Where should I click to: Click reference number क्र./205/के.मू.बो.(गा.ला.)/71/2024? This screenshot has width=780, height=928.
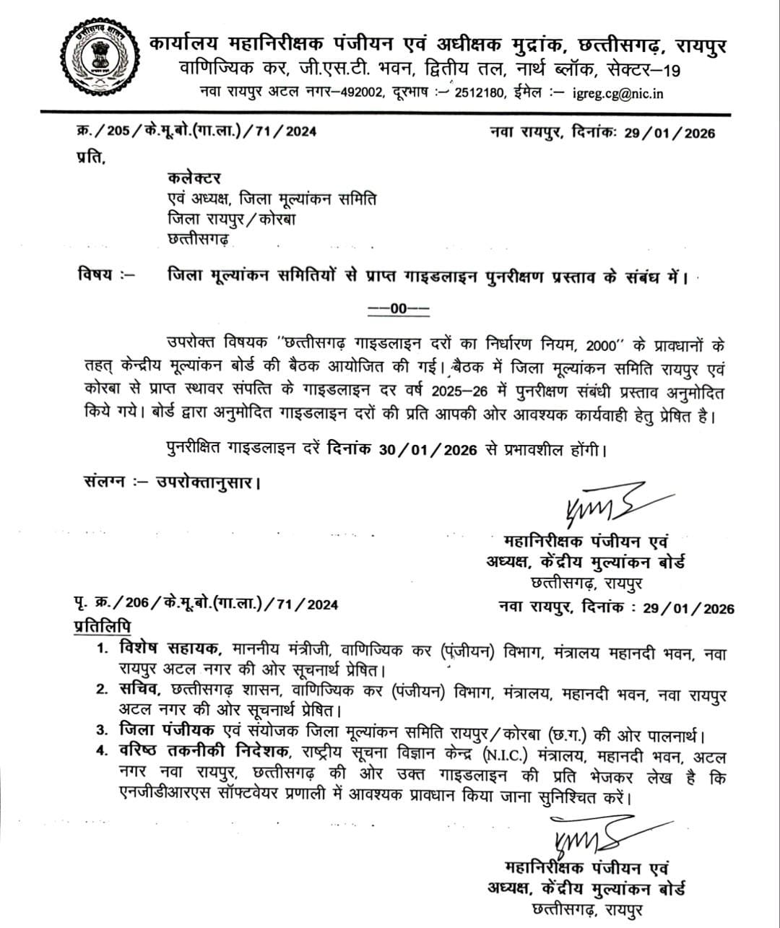[x=196, y=131]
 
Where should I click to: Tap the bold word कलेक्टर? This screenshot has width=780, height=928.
[x=194, y=178]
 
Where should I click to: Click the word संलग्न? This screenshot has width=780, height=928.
[x=100, y=481]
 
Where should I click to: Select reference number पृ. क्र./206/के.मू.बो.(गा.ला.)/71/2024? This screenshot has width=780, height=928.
[x=206, y=604]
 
